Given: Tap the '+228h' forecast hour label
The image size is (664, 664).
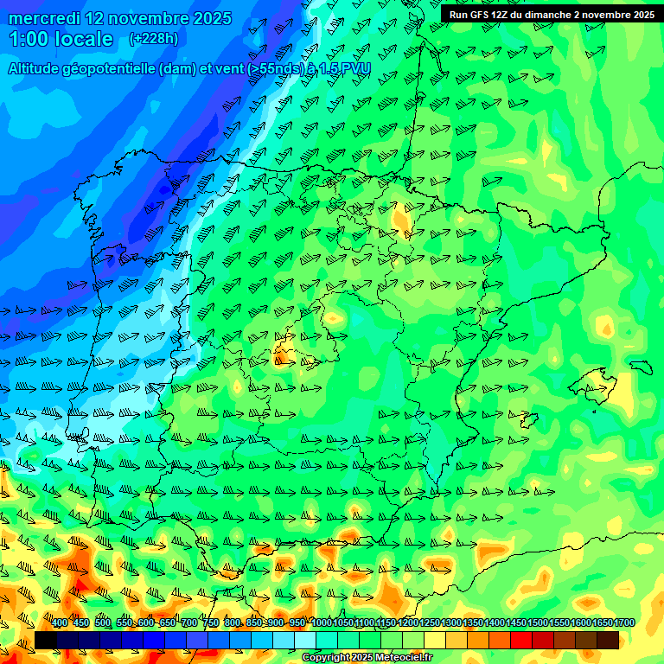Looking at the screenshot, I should click(x=153, y=39).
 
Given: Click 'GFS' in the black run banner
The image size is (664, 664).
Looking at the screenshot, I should click(x=481, y=15).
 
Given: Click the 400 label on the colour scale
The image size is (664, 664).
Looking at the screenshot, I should click(x=60, y=623).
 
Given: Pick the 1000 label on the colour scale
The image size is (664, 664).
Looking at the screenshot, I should click(x=321, y=623).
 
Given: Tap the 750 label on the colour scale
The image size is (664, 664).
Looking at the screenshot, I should click(x=211, y=623).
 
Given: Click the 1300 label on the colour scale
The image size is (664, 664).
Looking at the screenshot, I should click(x=451, y=623).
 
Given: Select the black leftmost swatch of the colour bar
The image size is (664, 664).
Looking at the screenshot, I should click(x=45, y=640).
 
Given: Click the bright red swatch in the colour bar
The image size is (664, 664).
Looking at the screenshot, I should click(x=521, y=640).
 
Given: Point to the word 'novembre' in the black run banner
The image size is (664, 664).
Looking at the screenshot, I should click(x=605, y=15).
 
